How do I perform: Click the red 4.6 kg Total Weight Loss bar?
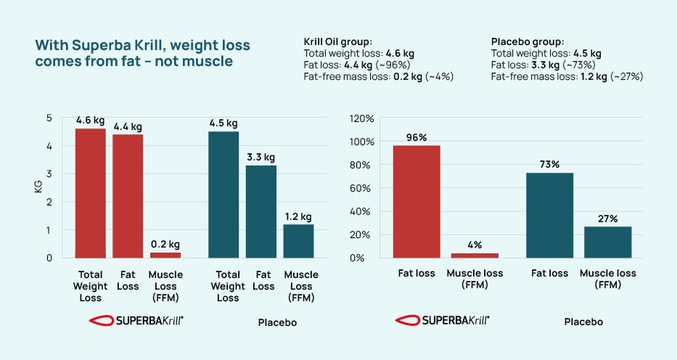90,193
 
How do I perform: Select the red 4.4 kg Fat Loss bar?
128,196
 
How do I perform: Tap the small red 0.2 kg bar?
165,255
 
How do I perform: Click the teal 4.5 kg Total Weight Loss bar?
223,195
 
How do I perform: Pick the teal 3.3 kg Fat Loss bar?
261,211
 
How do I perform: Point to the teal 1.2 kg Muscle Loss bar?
298,241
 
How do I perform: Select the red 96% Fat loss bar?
417,202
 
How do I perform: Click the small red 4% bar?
475,255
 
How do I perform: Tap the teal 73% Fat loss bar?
549,215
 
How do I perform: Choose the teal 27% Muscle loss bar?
608,242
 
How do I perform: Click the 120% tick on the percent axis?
361,118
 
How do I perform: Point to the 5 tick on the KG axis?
49,118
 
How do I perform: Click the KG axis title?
38,187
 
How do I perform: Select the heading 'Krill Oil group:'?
337,41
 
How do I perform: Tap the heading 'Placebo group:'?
528,41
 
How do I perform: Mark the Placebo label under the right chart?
583,322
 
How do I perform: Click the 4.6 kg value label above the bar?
90,120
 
